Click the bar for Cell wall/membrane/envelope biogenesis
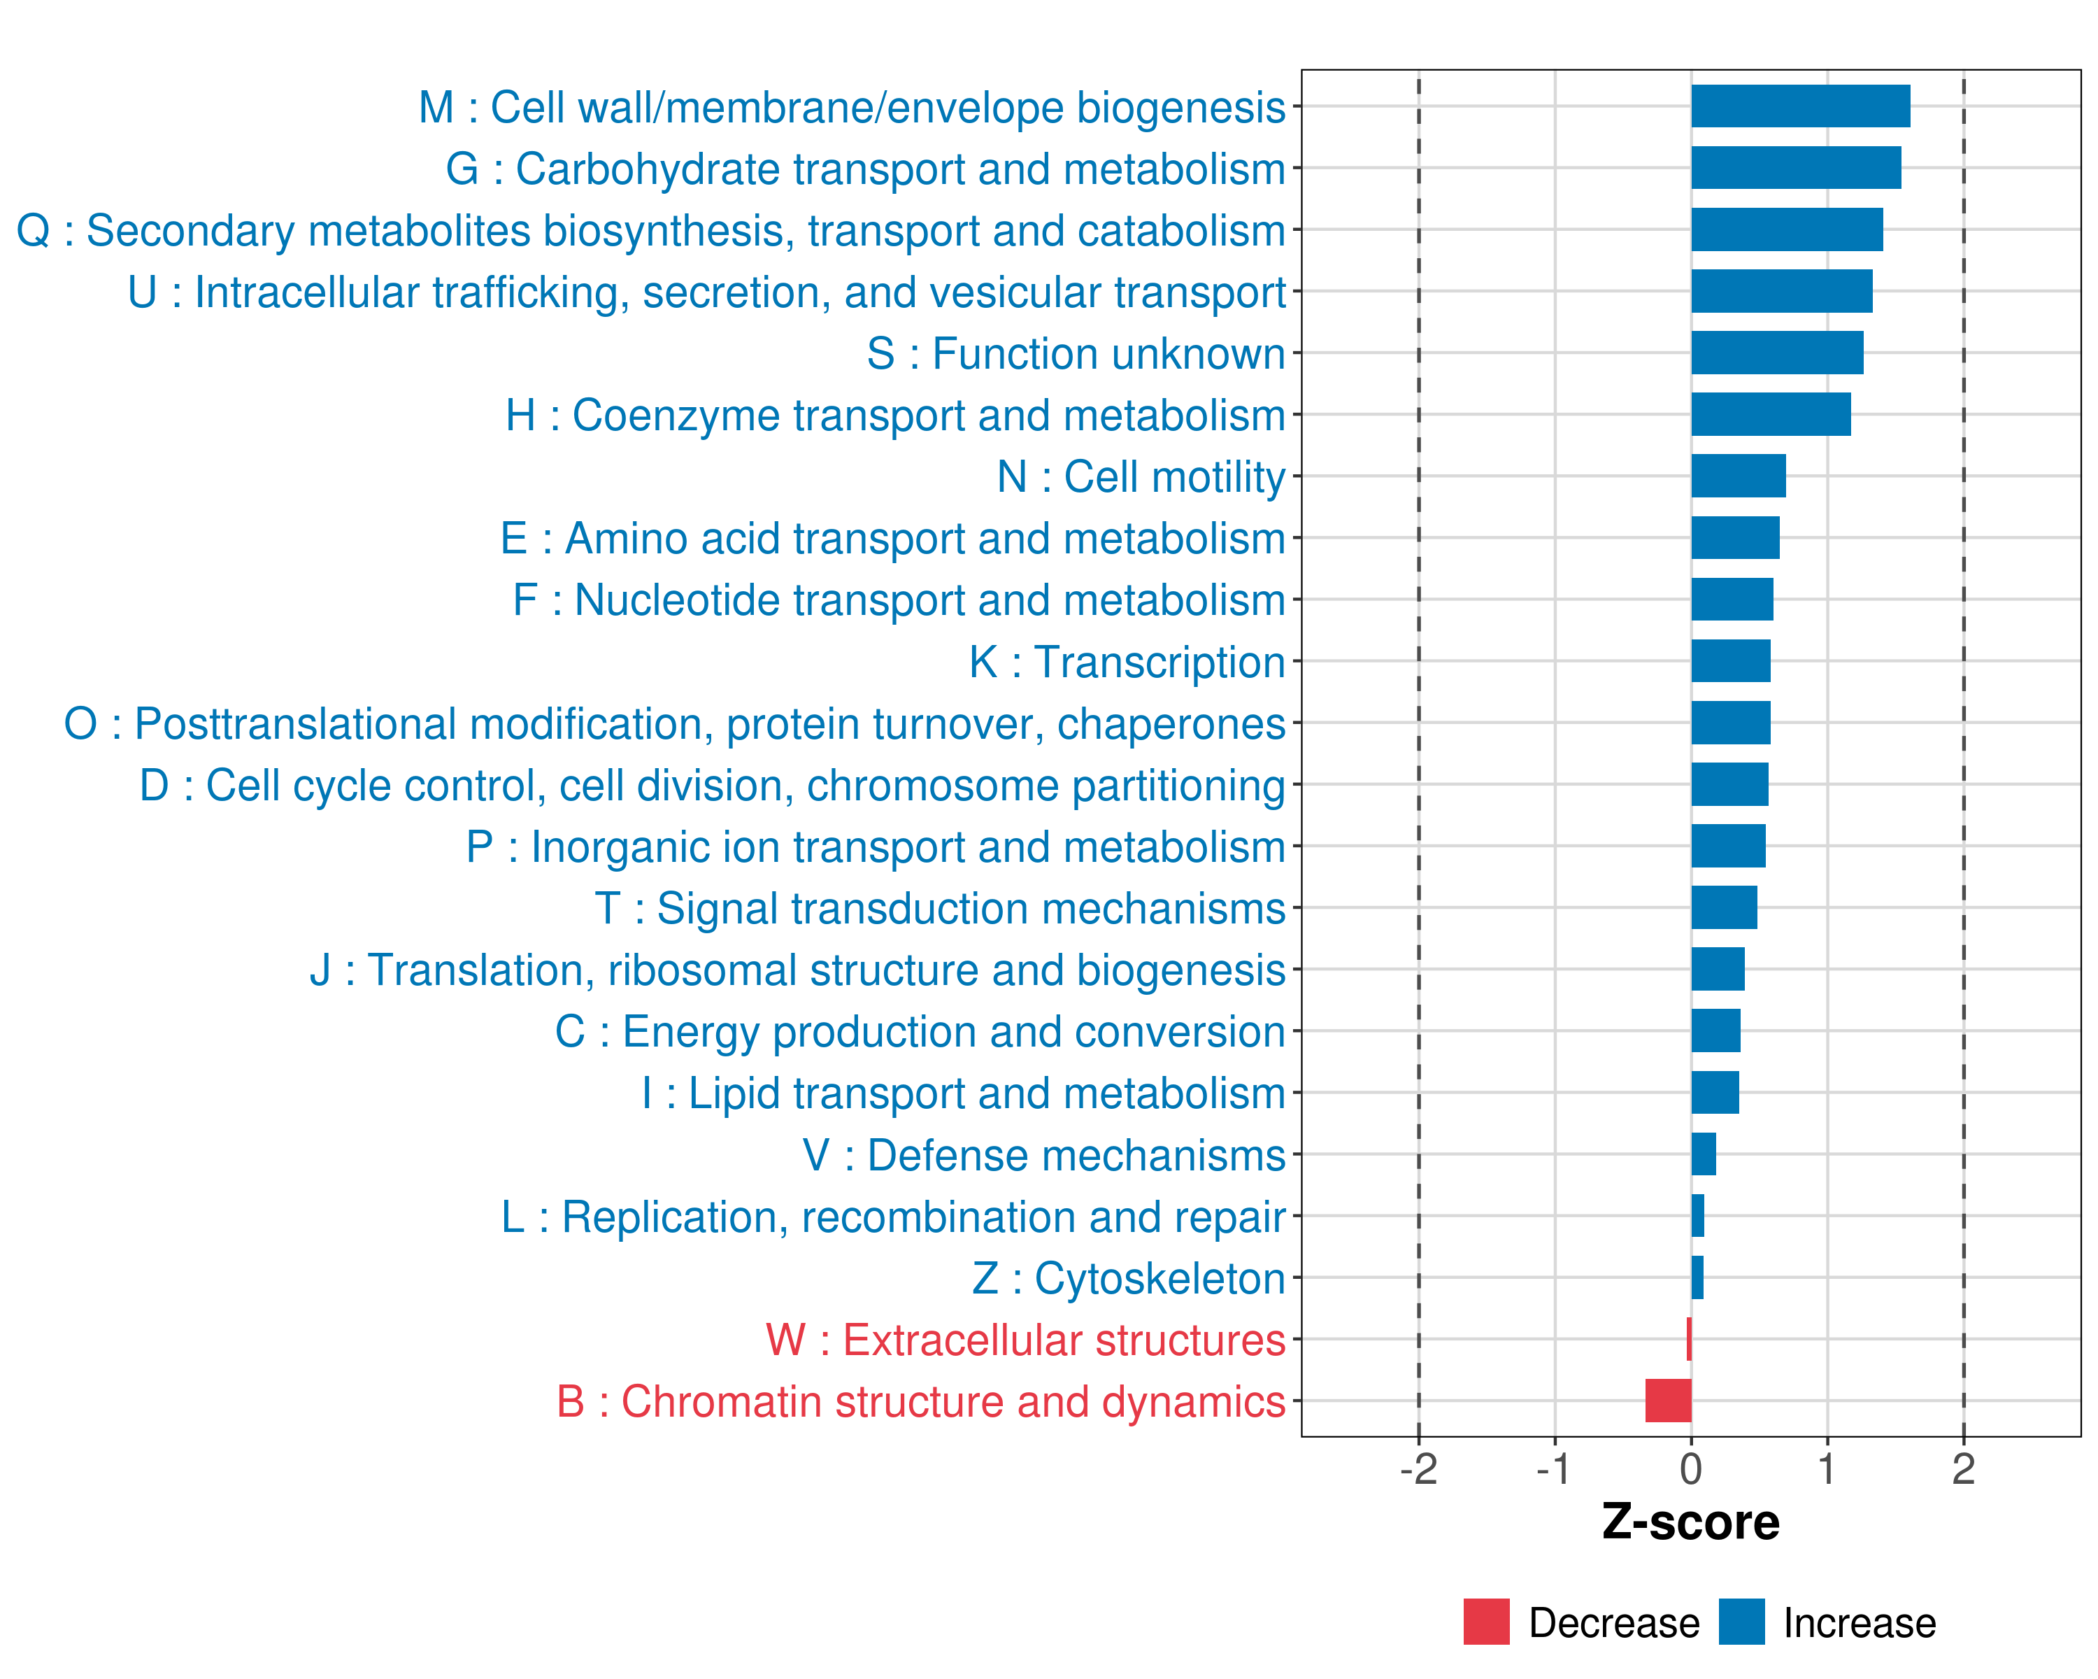1800,106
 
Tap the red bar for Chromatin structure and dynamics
1668,1401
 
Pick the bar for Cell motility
1738,476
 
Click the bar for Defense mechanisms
1703,1154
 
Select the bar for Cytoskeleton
1697,1277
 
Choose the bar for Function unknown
1777,353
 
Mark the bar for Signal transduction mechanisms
1723,907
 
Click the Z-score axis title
1691,1522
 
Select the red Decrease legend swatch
1486,1622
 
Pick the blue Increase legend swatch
1741,1622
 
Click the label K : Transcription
1127,662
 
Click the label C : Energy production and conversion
920,1032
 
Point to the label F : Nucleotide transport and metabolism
899,600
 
